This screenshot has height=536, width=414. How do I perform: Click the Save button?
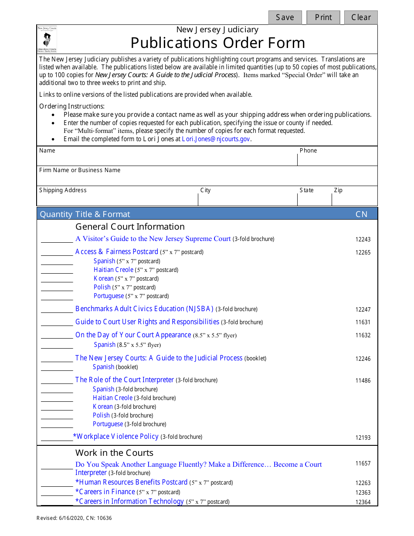[285, 17]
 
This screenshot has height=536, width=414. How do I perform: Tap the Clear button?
[361, 17]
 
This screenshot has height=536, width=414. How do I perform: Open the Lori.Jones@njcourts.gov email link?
[216, 139]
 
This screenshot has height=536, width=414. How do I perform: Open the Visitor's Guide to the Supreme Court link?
[153, 239]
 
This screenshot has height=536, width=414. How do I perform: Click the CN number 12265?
[363, 252]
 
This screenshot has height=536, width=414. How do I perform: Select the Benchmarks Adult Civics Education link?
[144, 309]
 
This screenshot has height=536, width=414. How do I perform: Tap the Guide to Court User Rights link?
[147, 322]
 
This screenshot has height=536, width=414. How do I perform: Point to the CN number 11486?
[363, 380]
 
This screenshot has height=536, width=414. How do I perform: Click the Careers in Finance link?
[105, 492]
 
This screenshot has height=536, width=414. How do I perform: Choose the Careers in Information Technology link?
[129, 501]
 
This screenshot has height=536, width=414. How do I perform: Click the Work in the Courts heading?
[114, 453]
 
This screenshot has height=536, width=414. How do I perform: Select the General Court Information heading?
[130, 227]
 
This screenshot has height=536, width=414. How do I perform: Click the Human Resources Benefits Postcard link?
[131, 482]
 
